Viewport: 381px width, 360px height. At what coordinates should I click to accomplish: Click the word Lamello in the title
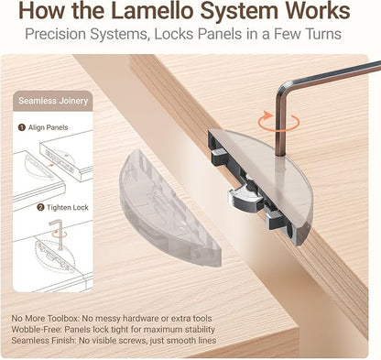pyautogui.click(x=152, y=11)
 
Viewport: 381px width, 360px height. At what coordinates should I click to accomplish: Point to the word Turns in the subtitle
pyautogui.click(x=323, y=34)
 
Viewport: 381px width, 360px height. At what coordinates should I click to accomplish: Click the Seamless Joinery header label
pyautogui.click(x=53, y=101)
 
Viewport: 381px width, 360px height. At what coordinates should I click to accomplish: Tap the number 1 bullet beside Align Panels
pyautogui.click(x=21, y=127)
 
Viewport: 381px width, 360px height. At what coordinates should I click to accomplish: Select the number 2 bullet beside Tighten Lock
pyautogui.click(x=40, y=208)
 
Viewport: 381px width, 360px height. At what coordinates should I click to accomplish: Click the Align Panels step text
pyautogui.click(x=48, y=127)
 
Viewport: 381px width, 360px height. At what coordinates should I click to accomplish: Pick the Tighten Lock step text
pyautogui.click(x=68, y=208)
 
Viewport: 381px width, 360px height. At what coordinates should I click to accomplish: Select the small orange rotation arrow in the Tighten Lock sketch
pyautogui.click(x=60, y=234)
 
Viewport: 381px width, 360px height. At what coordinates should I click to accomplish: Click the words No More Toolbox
pyautogui.click(x=45, y=319)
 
